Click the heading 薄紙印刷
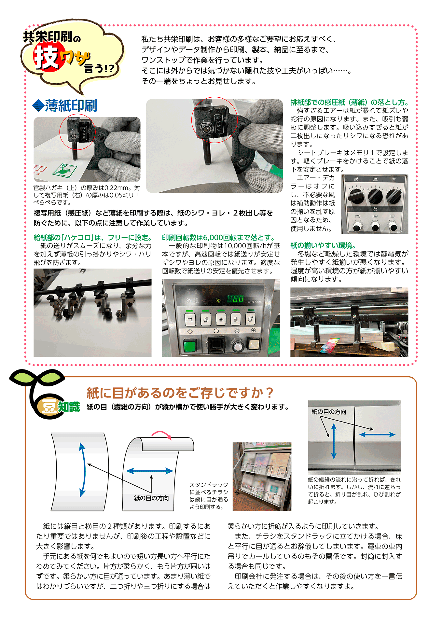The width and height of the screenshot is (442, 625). click(71, 106)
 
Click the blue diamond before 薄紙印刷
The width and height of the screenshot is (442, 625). click(38, 105)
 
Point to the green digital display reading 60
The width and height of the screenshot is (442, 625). click(235, 299)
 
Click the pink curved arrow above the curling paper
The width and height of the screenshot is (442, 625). click(162, 435)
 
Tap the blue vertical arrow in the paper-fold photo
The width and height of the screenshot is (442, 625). click(334, 441)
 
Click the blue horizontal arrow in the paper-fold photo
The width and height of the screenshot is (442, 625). click(377, 435)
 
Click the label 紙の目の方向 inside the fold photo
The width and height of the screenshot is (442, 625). click(329, 412)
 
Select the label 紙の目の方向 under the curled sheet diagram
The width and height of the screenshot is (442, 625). click(151, 498)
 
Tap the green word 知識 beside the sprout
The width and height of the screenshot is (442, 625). click(69, 407)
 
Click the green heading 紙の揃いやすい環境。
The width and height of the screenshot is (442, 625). click(323, 245)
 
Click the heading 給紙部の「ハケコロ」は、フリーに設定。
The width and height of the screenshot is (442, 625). click(93, 238)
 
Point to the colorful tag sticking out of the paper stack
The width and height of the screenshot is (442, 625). click(329, 346)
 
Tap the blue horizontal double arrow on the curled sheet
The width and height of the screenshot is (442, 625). click(150, 471)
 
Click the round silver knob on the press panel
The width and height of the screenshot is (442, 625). click(238, 346)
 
